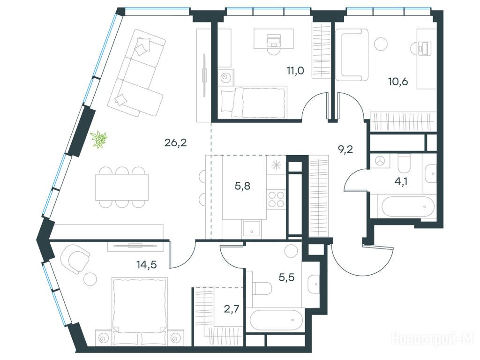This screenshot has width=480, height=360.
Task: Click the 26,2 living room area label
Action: (x=175, y=142)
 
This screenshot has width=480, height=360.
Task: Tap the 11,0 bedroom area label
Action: (x=295, y=71)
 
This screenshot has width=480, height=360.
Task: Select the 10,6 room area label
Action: (x=398, y=82)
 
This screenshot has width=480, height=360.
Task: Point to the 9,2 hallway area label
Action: (x=345, y=150)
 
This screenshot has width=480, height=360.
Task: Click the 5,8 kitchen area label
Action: (x=242, y=186)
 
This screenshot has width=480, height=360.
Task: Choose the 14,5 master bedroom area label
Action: (x=146, y=264)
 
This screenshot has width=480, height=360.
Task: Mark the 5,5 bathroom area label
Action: (x=286, y=277)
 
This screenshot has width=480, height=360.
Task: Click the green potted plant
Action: (x=99, y=140)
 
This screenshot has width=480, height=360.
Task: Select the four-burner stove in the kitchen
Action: (x=276, y=199)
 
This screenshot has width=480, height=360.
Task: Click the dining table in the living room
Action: (x=122, y=187)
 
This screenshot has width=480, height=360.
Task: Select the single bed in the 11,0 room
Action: (x=254, y=102)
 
